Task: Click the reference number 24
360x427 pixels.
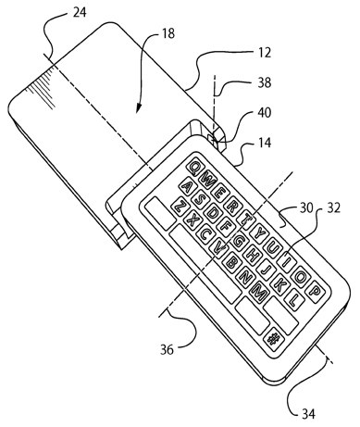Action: tap(80, 12)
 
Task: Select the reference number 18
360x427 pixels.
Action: tap(168, 33)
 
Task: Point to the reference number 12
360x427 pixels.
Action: tap(265, 53)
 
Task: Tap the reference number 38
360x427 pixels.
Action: tap(265, 82)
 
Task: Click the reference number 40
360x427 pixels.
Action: tap(265, 112)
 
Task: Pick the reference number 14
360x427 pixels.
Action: tap(265, 143)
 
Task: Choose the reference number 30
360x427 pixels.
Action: tap(306, 207)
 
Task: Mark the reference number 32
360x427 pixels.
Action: tap(333, 207)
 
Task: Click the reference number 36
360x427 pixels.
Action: tap(167, 350)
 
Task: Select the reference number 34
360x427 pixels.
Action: tap(308, 414)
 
